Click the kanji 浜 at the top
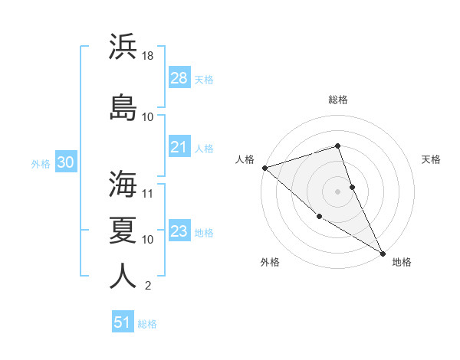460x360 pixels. [123, 47]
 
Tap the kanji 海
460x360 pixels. [123, 184]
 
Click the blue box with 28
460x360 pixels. [179, 78]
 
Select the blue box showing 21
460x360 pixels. [179, 147]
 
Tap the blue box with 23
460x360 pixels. [179, 231]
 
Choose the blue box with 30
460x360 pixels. [65, 162]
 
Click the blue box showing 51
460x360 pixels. [123, 322]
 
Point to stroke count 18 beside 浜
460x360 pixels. [148, 57]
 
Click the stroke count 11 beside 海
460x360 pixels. [148, 194]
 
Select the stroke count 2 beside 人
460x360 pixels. [147, 286]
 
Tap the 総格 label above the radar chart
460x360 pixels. [338, 100]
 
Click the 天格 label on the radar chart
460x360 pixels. [432, 159]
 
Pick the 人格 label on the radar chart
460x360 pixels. [245, 159]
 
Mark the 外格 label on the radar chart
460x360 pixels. [270, 262]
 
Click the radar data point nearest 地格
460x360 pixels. [383, 253]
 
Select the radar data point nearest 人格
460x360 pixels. [264, 168]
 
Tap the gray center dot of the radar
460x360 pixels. [337, 191]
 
